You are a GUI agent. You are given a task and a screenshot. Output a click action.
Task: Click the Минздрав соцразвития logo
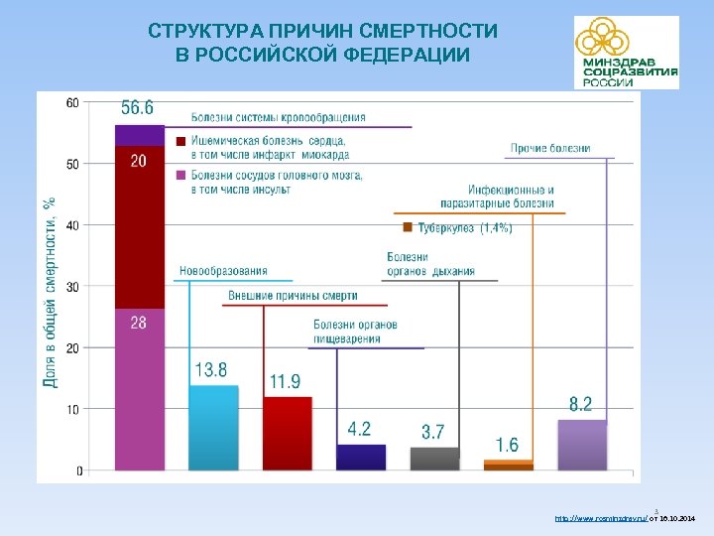(626, 53)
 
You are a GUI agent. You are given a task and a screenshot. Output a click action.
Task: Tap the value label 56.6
(138, 107)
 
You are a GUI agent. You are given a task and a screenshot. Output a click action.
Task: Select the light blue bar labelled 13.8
(213, 428)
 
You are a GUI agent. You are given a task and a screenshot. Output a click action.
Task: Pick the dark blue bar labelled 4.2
(361, 457)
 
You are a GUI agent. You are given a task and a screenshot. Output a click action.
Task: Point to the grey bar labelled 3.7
(434, 459)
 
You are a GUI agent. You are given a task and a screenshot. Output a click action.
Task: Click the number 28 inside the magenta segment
(138, 323)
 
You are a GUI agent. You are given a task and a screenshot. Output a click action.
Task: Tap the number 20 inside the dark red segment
(138, 161)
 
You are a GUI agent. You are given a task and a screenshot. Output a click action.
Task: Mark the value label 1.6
(507, 445)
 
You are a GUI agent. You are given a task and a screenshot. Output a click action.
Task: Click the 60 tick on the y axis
(74, 102)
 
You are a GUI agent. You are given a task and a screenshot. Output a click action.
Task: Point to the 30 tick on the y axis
(74, 287)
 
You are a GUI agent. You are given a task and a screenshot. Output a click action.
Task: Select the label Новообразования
(223, 271)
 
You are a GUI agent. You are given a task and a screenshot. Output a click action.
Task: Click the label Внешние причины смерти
(293, 296)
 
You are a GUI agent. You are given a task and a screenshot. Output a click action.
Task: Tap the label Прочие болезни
(550, 149)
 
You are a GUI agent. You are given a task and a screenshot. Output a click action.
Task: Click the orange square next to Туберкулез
(407, 228)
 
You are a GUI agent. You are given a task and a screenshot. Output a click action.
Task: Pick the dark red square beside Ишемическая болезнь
(180, 142)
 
